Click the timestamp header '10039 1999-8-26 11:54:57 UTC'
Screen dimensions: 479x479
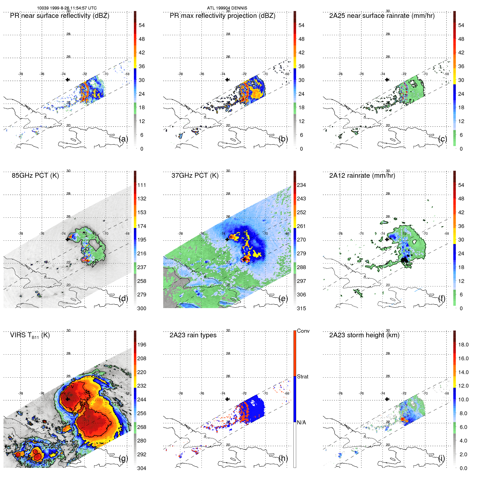pyautogui.click(x=67, y=8)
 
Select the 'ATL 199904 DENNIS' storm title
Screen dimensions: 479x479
pyautogui.click(x=227, y=8)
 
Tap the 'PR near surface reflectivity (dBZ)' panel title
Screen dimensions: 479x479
pyautogui.click(x=60, y=16)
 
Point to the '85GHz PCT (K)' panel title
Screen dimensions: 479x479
pyautogui.click(x=35, y=176)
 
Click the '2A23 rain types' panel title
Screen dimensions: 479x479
pyautogui.click(x=193, y=335)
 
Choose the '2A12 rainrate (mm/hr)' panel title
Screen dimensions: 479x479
pyautogui.click(x=362, y=176)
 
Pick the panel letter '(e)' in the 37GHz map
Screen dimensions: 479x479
pyautogui.click(x=283, y=299)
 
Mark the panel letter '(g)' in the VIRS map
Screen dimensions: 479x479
pyautogui.click(x=124, y=458)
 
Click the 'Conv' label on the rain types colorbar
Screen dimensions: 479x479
pyautogui.click(x=303, y=331)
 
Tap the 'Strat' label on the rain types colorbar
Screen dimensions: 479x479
pyautogui.click(x=302, y=376)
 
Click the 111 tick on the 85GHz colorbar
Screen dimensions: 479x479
pyautogui.click(x=142, y=185)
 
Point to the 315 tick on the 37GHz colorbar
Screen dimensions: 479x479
pyautogui.click(x=301, y=308)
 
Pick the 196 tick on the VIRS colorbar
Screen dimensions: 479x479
pyautogui.click(x=142, y=345)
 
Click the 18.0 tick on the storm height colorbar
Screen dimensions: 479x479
pyautogui.click(x=463, y=345)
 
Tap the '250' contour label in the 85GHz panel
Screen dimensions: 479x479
pyautogui.click(x=95, y=263)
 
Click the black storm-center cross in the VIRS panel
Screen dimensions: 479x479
pyautogui.click(x=68, y=399)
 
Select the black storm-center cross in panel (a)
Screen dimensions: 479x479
pyautogui.click(x=68, y=80)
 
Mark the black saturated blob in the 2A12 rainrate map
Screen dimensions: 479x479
pyautogui.click(x=404, y=260)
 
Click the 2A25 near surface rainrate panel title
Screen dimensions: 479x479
pyautogui.click(x=382, y=16)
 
